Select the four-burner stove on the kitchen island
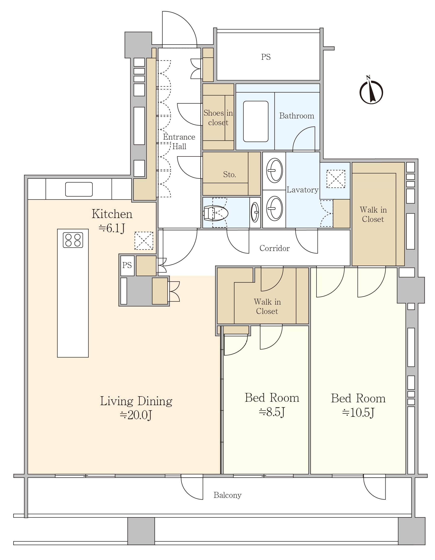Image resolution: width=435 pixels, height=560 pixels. (73, 240)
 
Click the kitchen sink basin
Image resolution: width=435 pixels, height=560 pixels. (79, 189)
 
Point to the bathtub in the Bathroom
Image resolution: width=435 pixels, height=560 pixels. (256, 121)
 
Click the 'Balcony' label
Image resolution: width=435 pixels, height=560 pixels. (228, 495)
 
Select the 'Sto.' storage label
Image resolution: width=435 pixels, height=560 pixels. (229, 175)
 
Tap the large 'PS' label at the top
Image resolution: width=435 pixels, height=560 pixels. (266, 57)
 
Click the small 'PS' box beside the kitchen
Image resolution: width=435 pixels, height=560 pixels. (127, 265)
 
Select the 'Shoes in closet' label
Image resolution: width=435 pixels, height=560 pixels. (218, 118)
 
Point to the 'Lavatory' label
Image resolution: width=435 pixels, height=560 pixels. (303, 190)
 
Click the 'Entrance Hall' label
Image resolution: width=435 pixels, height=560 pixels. (179, 142)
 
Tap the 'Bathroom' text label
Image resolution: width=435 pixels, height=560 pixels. (297, 116)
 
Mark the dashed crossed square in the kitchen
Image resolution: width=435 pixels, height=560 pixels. (144, 241)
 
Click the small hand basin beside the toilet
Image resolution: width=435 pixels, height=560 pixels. (255, 212)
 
